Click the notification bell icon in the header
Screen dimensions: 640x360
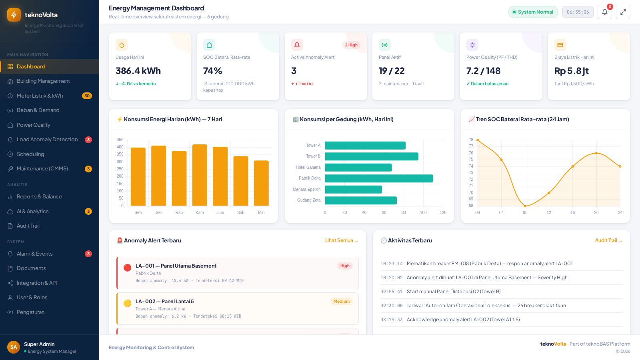(604, 12)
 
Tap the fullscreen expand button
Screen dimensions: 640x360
(623, 12)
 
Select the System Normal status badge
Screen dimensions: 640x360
(533, 12)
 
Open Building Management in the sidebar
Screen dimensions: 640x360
(43, 81)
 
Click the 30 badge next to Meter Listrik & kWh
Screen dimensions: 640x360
(87, 96)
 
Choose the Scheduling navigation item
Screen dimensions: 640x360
(30, 154)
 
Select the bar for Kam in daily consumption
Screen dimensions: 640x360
(200, 175)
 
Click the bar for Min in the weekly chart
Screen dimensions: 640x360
(261, 183)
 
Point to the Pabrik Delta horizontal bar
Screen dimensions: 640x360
(379, 178)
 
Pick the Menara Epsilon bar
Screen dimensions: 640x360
(354, 190)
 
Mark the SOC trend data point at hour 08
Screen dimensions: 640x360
(525, 206)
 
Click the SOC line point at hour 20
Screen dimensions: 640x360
(596, 153)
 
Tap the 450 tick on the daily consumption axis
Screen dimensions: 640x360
(120, 140)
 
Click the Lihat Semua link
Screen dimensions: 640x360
(342, 240)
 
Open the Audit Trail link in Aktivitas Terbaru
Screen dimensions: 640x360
(608, 240)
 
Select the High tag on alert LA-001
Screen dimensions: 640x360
(345, 266)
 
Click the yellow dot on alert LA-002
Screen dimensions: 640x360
(128, 303)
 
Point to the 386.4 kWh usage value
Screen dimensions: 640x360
(138, 70)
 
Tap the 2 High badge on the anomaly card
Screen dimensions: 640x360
(351, 45)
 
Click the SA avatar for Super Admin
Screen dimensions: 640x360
(14, 347)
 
